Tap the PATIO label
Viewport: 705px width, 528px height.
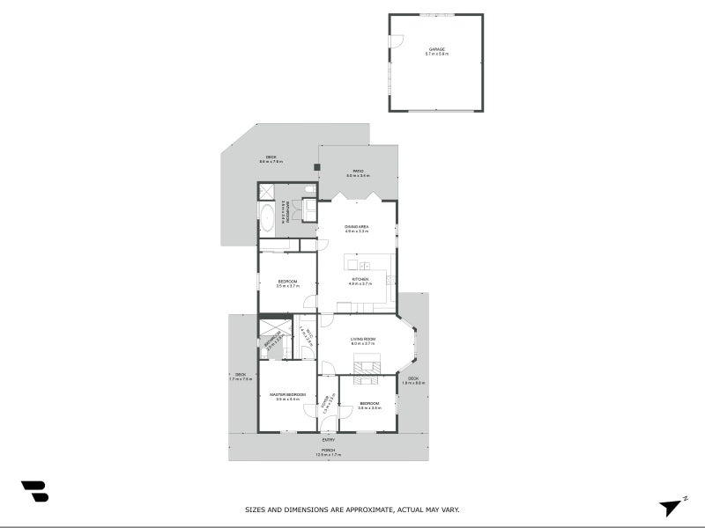pos(358,172)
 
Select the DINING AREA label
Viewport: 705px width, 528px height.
pos(356,227)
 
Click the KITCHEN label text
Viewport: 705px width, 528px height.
pos(356,279)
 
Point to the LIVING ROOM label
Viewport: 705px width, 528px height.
pos(362,339)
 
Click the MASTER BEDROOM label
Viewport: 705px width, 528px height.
pos(287,394)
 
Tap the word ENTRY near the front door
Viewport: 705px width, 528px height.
pos(328,440)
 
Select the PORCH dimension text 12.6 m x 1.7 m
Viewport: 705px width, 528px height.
pos(328,455)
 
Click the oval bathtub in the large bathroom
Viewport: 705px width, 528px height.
pos(266,216)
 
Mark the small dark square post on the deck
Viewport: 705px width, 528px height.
pos(316,166)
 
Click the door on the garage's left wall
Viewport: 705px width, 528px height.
pos(396,40)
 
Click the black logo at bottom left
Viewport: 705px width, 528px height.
pos(34,491)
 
